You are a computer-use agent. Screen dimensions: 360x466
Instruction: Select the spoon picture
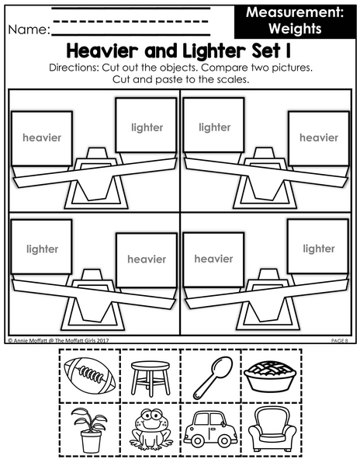pos(212,377)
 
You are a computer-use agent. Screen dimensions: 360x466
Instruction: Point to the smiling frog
pos(151,429)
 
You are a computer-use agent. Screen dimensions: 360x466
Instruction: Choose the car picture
pos(210,429)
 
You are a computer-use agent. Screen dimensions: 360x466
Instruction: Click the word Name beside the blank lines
pos(29,30)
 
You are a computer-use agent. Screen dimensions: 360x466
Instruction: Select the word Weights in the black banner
pos(295,29)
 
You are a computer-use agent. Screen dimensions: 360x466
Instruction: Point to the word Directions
pos(74,68)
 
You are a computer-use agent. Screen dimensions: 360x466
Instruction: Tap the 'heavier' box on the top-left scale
pos(42,138)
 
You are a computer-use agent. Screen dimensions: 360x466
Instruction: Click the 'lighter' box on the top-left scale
pos(147,125)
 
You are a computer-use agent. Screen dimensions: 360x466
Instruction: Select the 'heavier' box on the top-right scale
pos(319,138)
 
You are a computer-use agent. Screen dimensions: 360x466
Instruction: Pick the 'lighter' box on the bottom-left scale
pos(42,247)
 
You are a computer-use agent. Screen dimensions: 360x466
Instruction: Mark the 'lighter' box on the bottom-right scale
pos(318,246)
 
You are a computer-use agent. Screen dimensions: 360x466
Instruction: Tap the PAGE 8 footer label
pos(340,341)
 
